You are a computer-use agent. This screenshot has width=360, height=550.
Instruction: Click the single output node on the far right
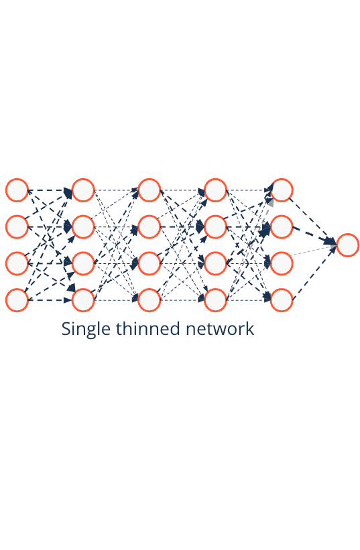pyautogui.click(x=347, y=245)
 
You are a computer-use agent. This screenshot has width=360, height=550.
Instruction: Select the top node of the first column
pyautogui.click(x=17, y=190)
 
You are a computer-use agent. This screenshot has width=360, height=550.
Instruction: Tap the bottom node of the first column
pyautogui.click(x=17, y=300)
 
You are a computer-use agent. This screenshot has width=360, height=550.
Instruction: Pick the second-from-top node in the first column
pyautogui.click(x=17, y=227)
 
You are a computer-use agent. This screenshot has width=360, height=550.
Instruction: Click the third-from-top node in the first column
pyautogui.click(x=17, y=263)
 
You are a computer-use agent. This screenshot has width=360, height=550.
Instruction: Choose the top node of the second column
pyautogui.click(x=83, y=190)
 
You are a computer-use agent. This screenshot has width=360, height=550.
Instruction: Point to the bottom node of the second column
pyautogui.click(x=83, y=300)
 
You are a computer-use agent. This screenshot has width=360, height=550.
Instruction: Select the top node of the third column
pyautogui.click(x=149, y=190)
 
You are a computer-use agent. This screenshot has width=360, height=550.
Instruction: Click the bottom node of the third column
pyautogui.click(x=149, y=300)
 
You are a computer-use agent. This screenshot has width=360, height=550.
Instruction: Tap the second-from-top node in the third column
pyautogui.click(x=149, y=227)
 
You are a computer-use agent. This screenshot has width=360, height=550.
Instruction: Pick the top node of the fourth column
pyautogui.click(x=215, y=190)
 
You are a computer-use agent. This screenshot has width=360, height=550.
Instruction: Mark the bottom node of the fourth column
pyautogui.click(x=215, y=300)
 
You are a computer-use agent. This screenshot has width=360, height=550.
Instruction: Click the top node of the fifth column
pyautogui.click(x=282, y=190)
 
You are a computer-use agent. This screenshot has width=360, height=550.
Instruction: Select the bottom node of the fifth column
pyautogui.click(x=282, y=300)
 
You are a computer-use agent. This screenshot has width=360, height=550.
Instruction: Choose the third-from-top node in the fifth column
pyautogui.click(x=282, y=263)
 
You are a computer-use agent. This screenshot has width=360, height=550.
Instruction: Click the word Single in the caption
pyautogui.click(x=86, y=330)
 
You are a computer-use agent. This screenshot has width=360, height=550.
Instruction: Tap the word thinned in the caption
pyautogui.click(x=147, y=329)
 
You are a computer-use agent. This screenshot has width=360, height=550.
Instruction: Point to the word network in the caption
pyautogui.click(x=220, y=329)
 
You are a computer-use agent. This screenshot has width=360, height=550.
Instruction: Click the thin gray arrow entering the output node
pyautogui.click(x=313, y=251)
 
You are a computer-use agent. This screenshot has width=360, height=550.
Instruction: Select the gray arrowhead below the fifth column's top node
pyautogui.click(x=270, y=202)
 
